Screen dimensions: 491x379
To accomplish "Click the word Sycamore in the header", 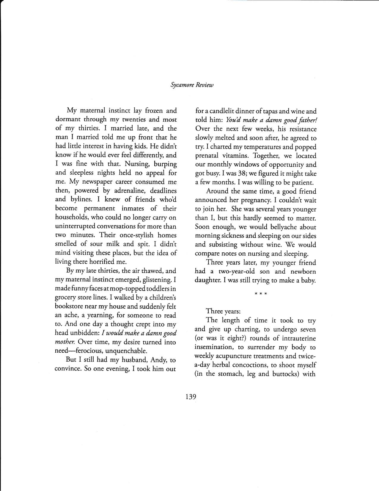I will [181, 85].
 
